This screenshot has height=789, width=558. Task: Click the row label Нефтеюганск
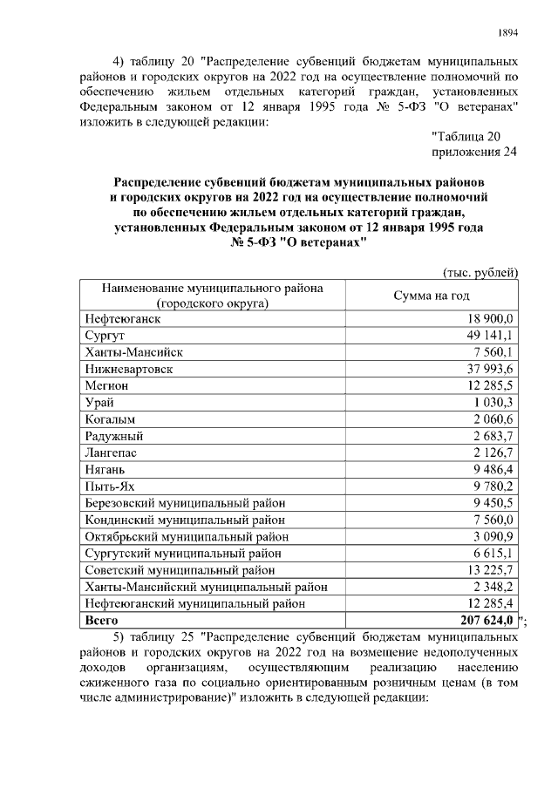click(123, 319)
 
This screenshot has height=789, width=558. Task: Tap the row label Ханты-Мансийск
click(134, 352)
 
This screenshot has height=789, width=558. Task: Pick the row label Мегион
click(107, 385)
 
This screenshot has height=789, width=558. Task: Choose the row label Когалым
click(109, 418)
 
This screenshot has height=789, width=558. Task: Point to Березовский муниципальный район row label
click(186, 502)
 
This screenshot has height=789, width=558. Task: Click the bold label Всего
click(102, 620)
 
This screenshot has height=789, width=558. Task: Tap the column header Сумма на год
click(432, 296)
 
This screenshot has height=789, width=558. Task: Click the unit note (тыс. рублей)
click(481, 272)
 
